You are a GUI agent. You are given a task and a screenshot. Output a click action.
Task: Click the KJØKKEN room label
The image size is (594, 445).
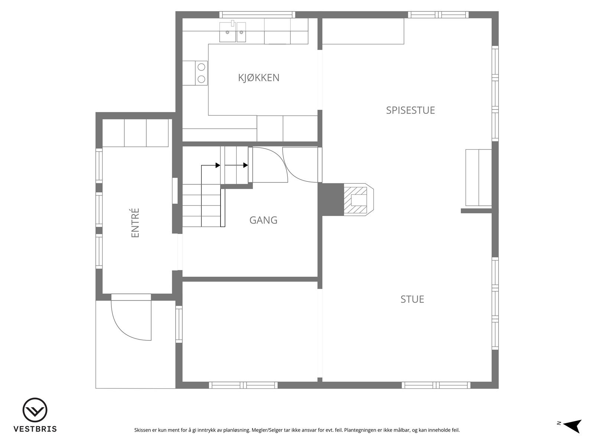point(258,78)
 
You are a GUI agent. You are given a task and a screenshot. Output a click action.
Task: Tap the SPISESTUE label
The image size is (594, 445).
point(410,110)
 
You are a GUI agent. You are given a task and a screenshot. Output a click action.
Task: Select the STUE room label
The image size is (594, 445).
point(412,299)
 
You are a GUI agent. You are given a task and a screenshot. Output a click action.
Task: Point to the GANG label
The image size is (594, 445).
point(263,220)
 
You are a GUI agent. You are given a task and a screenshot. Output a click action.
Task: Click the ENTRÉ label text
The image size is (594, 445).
point(135,222)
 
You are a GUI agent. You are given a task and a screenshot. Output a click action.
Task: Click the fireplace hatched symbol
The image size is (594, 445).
point(359,200)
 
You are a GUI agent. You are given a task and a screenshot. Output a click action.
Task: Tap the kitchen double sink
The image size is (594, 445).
point(232,32)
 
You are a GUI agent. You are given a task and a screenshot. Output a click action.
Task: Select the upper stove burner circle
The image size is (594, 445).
point(201,67)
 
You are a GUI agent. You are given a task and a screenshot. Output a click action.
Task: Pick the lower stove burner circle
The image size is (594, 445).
point(201,79)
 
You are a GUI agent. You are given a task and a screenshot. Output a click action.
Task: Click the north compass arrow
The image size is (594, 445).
point(573,426)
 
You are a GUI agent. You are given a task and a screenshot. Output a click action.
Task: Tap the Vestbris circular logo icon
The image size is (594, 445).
point(35,411)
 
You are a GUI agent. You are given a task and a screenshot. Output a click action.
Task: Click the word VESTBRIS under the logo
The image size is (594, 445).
point(35,429)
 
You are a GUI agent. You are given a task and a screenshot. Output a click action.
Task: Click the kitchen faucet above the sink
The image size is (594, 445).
point(233,23)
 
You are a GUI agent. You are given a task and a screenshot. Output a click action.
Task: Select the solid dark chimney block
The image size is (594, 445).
point(330,200)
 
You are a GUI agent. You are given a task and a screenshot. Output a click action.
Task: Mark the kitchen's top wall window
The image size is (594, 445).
point(257,14)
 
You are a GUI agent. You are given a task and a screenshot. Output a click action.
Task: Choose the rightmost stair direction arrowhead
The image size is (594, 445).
point(245,165)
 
